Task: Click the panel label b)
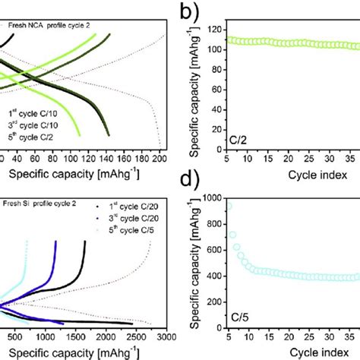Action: click(186, 12)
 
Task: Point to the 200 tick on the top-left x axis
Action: click(159, 160)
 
